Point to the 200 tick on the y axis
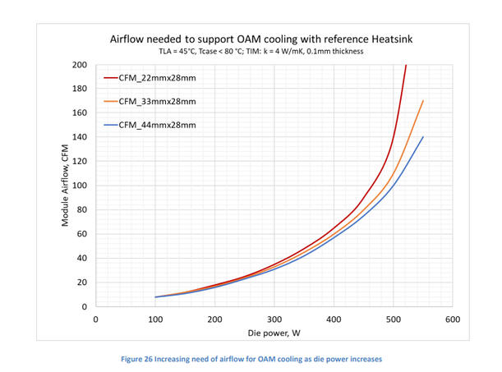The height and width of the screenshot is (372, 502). click(81, 65)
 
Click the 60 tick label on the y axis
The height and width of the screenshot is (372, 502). click(83, 234)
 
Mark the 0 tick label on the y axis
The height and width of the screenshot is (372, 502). click(85, 306)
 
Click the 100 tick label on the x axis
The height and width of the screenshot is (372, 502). click(155, 319)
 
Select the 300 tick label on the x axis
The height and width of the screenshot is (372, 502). click(274, 319)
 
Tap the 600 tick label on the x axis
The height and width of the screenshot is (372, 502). click(453, 319)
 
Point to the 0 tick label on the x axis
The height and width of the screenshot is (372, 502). click(96, 319)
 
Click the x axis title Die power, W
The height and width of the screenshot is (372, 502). click(274, 335)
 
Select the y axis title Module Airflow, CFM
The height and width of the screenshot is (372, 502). click(65, 186)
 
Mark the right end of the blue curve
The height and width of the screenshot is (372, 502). click(422, 137)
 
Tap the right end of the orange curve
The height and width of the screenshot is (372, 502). click(422, 101)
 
